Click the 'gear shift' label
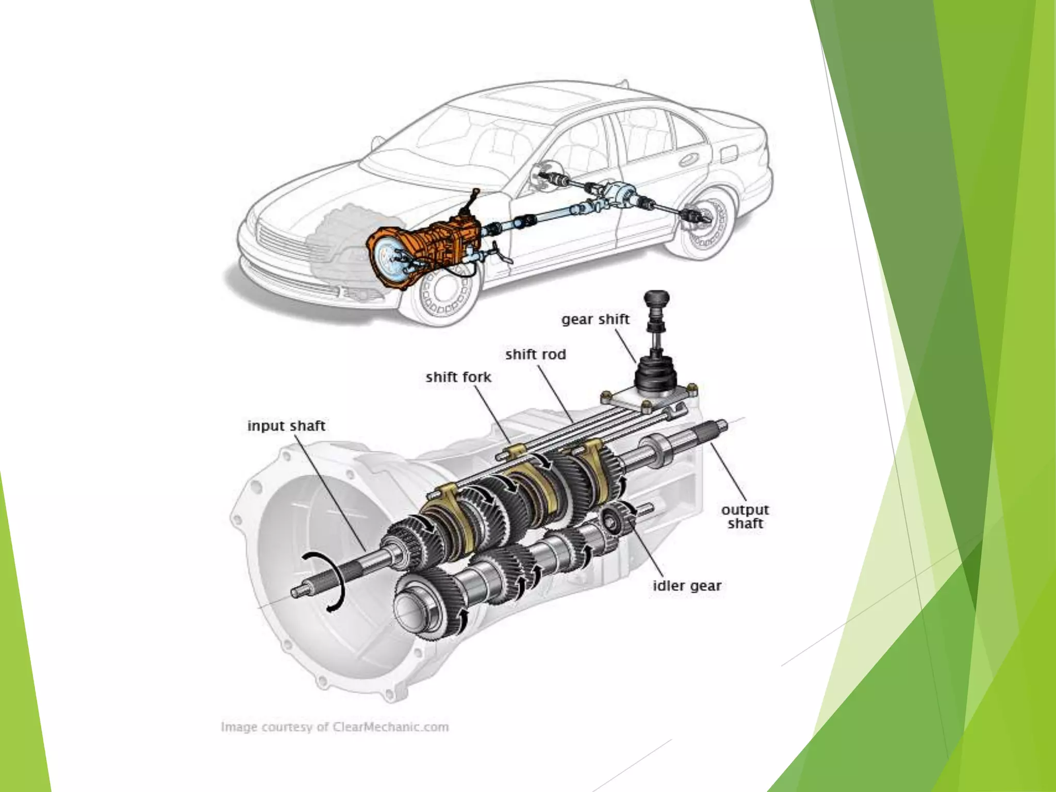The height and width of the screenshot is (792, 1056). pyautogui.click(x=595, y=319)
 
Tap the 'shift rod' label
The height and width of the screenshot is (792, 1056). pyautogui.click(x=535, y=355)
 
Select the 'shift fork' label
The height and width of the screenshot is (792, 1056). pyautogui.click(x=458, y=377)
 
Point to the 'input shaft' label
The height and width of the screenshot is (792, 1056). pyautogui.click(x=286, y=426)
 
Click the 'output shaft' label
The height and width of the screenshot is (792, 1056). pyautogui.click(x=745, y=517)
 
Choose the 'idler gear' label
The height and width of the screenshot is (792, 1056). pyautogui.click(x=687, y=586)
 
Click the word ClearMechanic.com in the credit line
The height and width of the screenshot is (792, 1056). pyautogui.click(x=390, y=727)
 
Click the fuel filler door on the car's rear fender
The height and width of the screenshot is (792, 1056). pyautogui.click(x=731, y=154)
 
